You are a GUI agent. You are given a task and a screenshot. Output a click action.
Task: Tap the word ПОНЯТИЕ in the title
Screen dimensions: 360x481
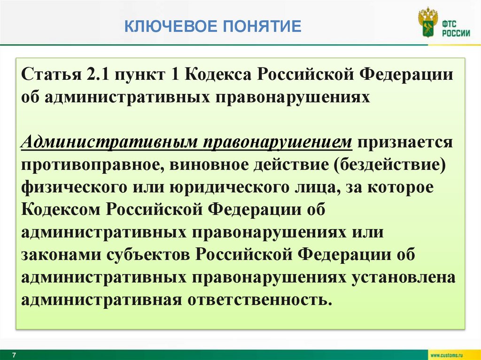coord(261,26)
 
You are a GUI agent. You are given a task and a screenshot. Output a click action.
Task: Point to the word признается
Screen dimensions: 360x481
coord(404,142)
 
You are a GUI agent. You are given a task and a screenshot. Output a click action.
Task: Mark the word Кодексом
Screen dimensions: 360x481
coord(61,210)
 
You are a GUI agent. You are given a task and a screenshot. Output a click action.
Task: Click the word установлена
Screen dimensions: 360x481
coord(404,277)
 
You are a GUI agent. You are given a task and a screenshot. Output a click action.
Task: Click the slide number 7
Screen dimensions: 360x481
coord(14,354)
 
